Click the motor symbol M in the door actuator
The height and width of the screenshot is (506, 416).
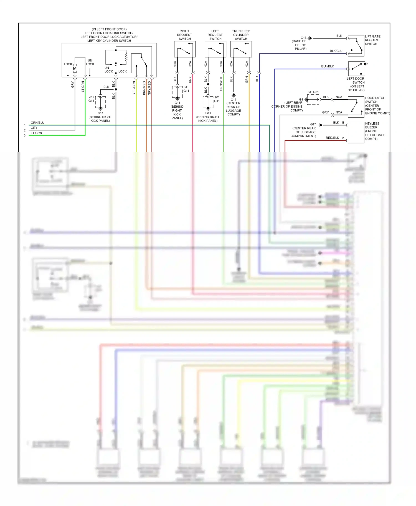tap(75, 68)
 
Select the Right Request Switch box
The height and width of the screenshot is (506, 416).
tap(185, 49)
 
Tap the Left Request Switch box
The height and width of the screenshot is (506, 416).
tap(215, 49)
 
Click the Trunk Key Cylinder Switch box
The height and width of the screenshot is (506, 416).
tap(241, 49)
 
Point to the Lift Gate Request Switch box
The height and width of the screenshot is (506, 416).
tap(356, 46)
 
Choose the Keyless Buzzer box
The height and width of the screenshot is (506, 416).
tap(356, 133)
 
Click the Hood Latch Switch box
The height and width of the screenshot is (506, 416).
tap(356, 107)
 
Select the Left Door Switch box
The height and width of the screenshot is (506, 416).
tap(356, 69)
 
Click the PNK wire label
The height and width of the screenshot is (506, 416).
tap(190, 80)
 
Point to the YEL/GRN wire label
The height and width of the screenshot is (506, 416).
tap(134, 88)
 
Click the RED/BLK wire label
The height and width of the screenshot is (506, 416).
tap(332, 138)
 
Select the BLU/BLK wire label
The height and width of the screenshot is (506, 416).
tap(328, 66)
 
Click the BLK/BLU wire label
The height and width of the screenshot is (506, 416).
tap(336, 51)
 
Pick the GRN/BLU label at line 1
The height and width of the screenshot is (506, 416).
tap(37, 123)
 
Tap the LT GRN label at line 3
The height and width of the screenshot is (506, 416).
tap(36, 133)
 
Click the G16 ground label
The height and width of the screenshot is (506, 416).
tap(304, 38)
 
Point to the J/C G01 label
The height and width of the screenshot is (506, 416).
tap(313, 92)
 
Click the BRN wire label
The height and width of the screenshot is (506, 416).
tap(247, 80)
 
